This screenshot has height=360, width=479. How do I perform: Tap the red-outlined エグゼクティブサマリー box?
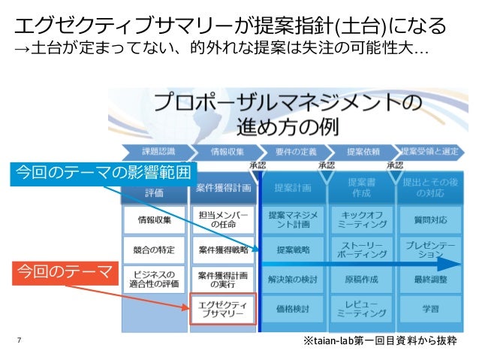click(223, 309)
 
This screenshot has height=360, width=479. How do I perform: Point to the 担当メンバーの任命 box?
click(223, 219)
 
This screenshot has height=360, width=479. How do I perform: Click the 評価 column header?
click(155, 193)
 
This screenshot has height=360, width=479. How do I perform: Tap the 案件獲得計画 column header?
click(223, 187)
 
